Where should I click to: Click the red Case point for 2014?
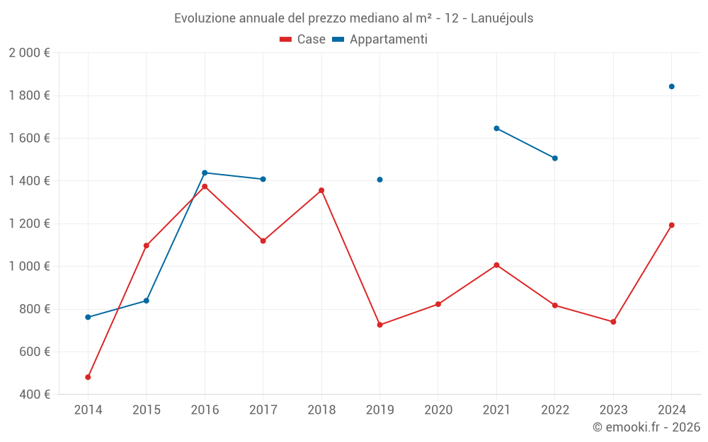click(x=88, y=377)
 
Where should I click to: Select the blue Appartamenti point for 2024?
click(x=672, y=86)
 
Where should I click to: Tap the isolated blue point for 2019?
click(x=380, y=180)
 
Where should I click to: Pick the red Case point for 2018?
click(x=321, y=190)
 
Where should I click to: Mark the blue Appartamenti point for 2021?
click(x=496, y=128)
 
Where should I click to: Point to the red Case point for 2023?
click(x=613, y=322)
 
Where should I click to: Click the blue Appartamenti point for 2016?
click(x=205, y=173)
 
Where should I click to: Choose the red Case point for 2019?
click(x=380, y=325)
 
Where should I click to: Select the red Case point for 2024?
click(x=672, y=225)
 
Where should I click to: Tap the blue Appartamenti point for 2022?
click(x=555, y=158)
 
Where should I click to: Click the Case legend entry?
click(x=303, y=40)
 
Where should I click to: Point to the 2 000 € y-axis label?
click(x=29, y=53)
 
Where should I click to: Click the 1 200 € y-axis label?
click(x=29, y=223)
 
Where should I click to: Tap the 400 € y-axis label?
click(x=33, y=394)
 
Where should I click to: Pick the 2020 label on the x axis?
click(x=438, y=410)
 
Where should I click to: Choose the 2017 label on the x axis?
click(x=263, y=410)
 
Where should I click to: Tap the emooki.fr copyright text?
click(x=646, y=427)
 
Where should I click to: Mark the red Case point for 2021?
click(x=496, y=265)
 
